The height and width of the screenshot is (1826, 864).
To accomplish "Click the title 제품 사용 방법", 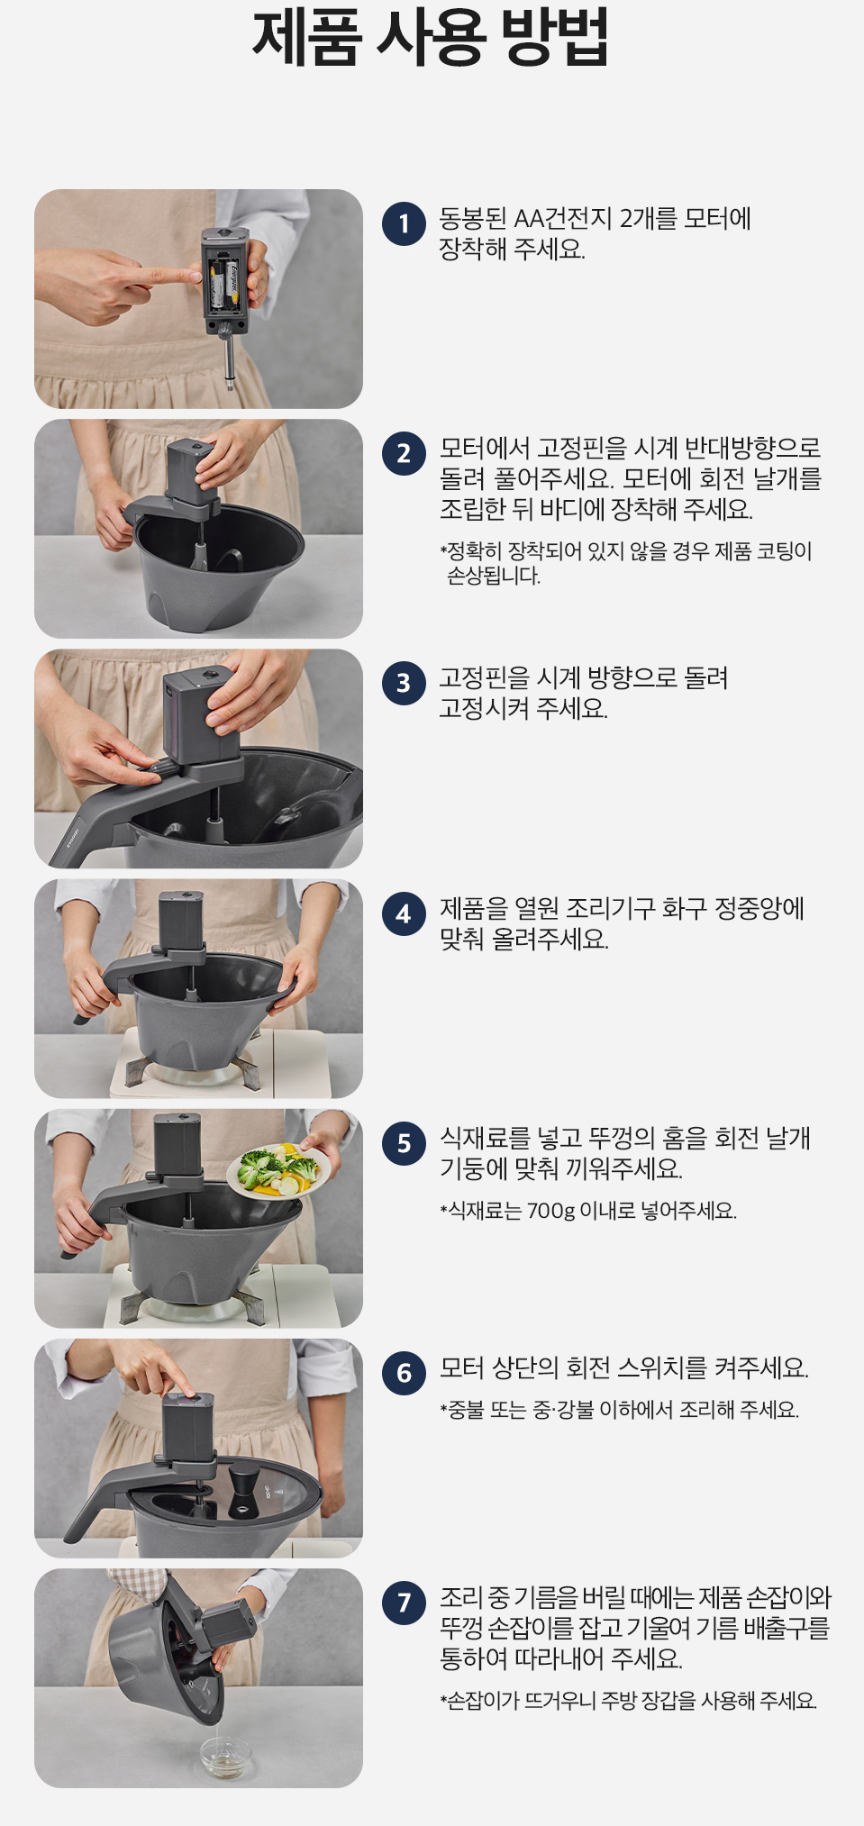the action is click(x=431, y=38).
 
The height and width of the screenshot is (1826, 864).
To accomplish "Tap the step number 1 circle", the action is click(x=404, y=224).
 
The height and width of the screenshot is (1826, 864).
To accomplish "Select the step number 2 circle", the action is click(x=404, y=453).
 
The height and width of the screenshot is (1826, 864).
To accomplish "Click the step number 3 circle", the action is click(x=404, y=683).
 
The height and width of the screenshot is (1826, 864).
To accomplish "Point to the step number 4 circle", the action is click(x=404, y=913).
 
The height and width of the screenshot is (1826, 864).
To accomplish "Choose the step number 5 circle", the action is click(x=404, y=1143).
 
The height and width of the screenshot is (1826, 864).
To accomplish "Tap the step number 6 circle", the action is click(x=404, y=1373).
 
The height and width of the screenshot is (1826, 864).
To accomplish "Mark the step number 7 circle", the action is click(x=404, y=1603).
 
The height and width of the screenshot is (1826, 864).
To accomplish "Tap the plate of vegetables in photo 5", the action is click(x=278, y=1169).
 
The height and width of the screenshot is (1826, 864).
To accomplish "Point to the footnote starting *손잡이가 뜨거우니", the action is click(x=629, y=1701).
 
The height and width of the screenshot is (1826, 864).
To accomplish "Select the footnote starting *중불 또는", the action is click(x=620, y=1409).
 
